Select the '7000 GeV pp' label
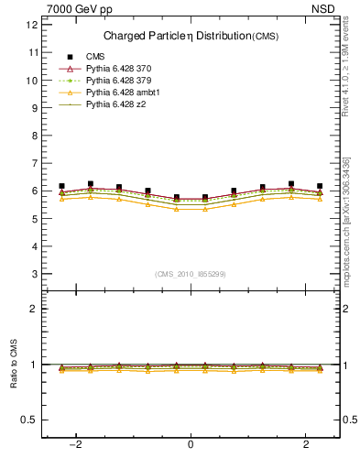coord(80,8)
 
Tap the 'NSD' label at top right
coord(327,8)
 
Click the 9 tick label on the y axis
coord(34,108)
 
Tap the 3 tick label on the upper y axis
coord(34,274)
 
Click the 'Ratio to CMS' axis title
coord(14,364)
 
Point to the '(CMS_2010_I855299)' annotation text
coord(191,274)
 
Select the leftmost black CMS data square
coord(61,186)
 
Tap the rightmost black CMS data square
coord(320,186)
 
